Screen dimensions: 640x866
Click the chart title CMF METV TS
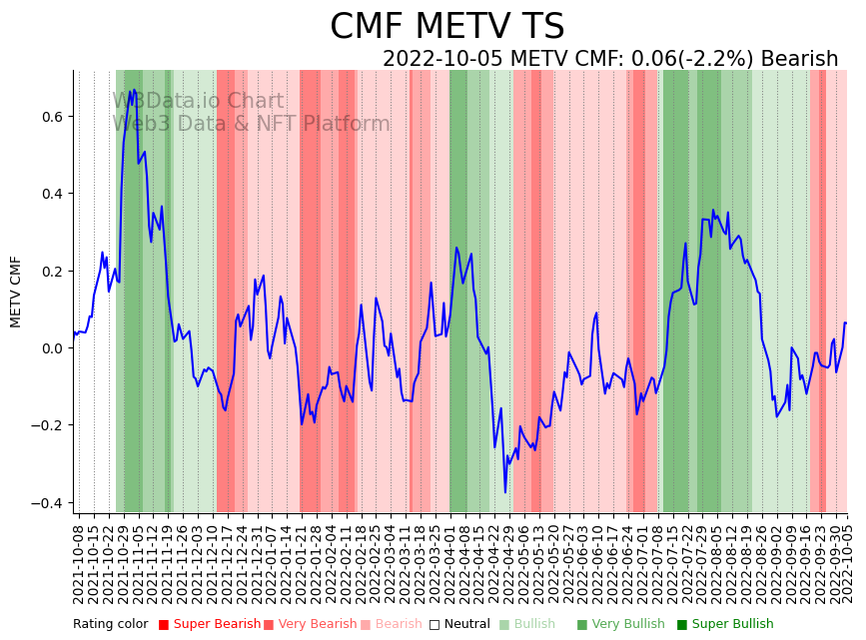pyautogui.click(x=446, y=27)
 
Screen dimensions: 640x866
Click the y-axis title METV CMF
pyautogui.click(x=16, y=292)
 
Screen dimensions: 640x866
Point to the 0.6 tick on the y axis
pyautogui.click(x=51, y=117)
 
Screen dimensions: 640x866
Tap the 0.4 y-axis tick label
pyautogui.click(x=51, y=194)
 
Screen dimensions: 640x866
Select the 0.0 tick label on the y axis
pyautogui.click(x=51, y=348)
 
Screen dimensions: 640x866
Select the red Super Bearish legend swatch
pyautogui.click(x=164, y=625)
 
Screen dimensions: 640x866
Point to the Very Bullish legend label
pyautogui.click(x=627, y=625)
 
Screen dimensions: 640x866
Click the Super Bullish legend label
pyautogui.click(x=732, y=625)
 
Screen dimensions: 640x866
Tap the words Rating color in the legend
pyautogui.click(x=110, y=625)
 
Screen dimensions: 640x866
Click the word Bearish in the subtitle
pyautogui.click(x=799, y=59)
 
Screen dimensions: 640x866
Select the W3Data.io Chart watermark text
pyautogui.click(x=198, y=101)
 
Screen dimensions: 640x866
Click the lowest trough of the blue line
pyautogui.click(x=505, y=492)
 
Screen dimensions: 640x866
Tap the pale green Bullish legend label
pyautogui.click(x=534, y=625)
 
